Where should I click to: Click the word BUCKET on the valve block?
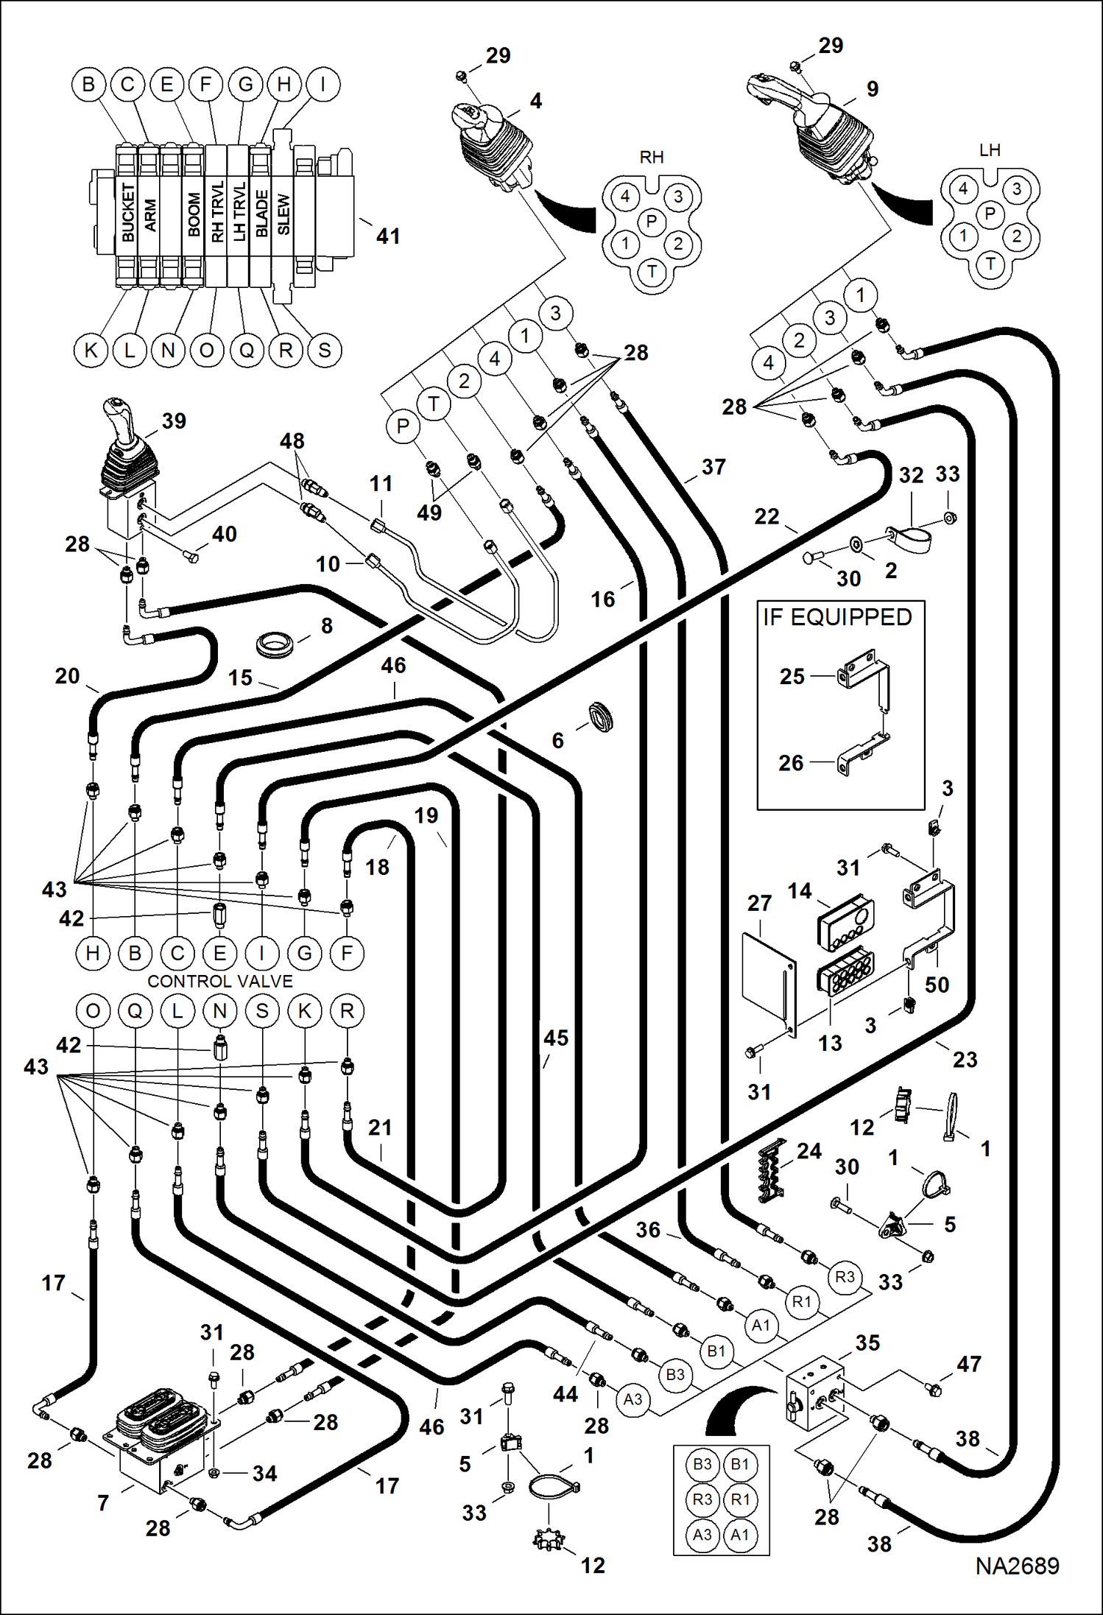tap(128, 212)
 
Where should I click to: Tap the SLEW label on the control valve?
tap(284, 214)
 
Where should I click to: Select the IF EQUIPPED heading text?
tap(837, 617)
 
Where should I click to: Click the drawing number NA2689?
tap(1017, 1566)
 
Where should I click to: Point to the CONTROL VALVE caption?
tap(219, 981)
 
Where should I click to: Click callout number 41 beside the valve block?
tap(388, 236)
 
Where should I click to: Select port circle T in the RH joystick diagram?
tap(652, 272)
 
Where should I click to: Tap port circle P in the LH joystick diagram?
tap(990, 214)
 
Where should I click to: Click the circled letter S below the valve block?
tap(325, 350)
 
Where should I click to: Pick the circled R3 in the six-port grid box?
tap(702, 1499)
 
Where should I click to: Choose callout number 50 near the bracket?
tap(937, 985)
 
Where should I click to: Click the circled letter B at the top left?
tap(88, 84)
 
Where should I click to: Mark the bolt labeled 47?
tap(934, 1390)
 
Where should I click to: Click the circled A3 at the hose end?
tap(632, 1398)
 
